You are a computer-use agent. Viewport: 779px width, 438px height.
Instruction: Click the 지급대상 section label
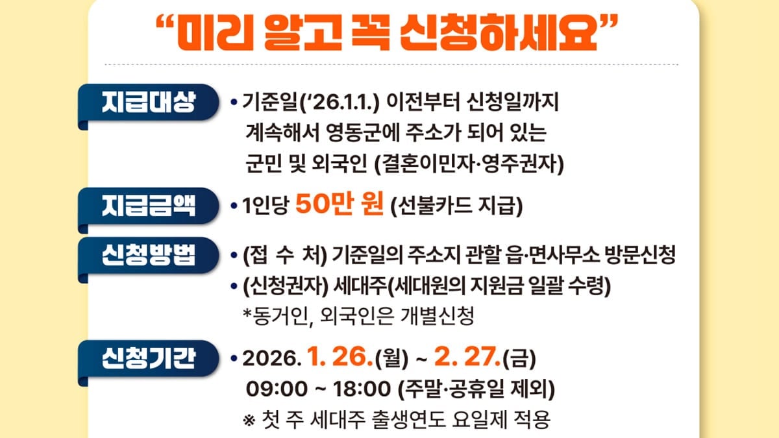pos(148,102)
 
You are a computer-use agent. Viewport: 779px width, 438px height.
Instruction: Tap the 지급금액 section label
pos(148,206)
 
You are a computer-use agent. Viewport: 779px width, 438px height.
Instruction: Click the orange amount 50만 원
pos(340,205)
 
